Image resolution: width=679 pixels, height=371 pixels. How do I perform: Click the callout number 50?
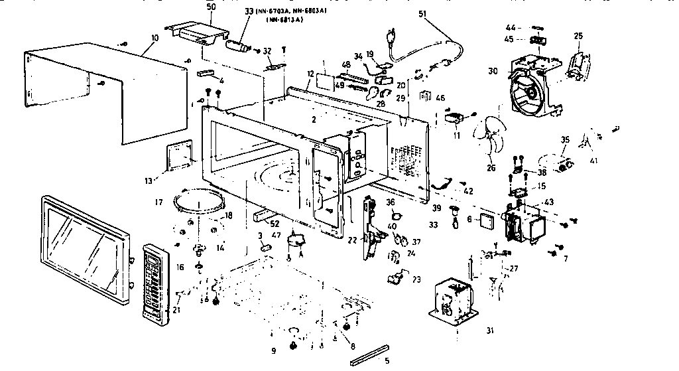click(x=212, y=6)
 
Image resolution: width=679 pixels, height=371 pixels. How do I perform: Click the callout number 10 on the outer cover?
click(x=154, y=38)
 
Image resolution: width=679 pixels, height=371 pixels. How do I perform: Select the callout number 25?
click(x=578, y=35)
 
